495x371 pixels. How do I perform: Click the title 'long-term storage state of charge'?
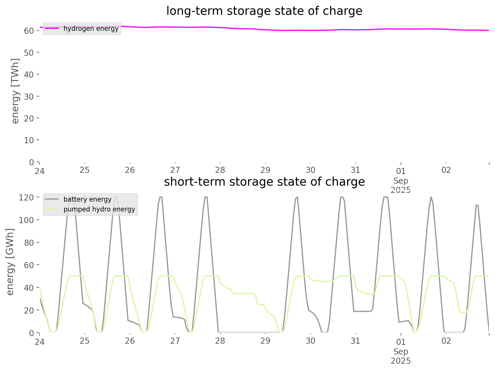pos(264,11)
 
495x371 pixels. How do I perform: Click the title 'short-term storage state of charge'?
pos(264,182)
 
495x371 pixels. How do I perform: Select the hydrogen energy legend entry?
pos(91,28)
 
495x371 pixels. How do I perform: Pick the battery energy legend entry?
pos(87,199)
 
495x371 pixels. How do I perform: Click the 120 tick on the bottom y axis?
pos(27,198)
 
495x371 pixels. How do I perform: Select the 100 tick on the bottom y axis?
pos(27,220)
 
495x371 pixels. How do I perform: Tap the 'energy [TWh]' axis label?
pos(15,91)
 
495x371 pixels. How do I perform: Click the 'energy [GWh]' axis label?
pos(10,262)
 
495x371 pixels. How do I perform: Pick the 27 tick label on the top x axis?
pos(175,170)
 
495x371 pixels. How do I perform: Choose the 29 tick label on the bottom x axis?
pos(265,341)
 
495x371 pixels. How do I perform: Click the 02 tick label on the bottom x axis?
pos(446,341)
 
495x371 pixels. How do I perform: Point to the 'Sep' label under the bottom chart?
pos(401,352)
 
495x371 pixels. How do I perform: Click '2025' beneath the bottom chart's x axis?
pos(401,361)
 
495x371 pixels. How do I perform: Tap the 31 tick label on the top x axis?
pos(355,170)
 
